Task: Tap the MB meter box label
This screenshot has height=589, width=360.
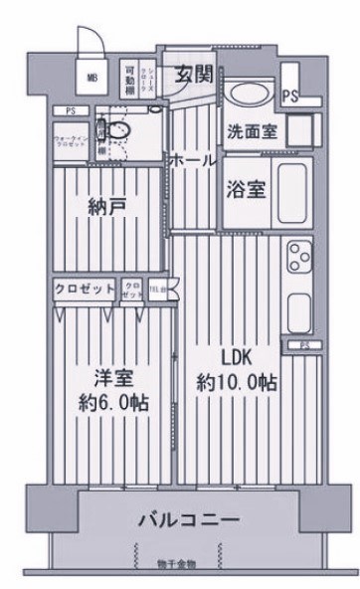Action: (91, 77)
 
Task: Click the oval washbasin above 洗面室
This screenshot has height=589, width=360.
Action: (245, 97)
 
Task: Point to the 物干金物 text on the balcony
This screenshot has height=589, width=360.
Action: (177, 564)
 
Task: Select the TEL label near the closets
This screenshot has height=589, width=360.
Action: (157, 289)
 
